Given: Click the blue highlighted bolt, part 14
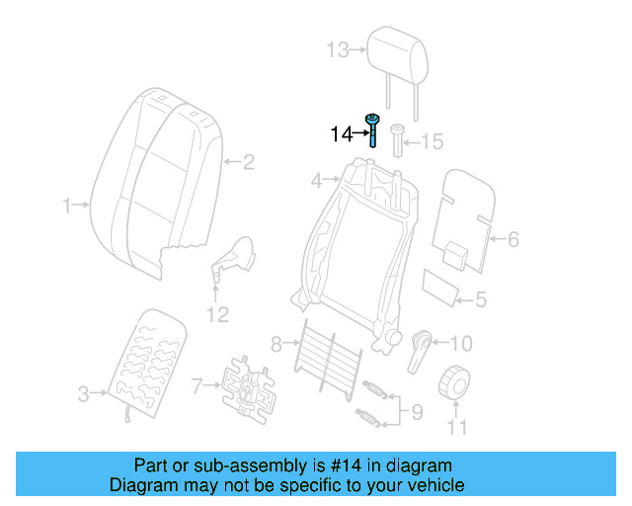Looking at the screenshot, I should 372,129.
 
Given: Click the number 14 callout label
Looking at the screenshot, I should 341,132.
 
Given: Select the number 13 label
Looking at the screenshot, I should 338,49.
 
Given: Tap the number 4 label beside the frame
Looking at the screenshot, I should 317,182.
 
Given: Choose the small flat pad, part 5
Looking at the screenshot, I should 441,286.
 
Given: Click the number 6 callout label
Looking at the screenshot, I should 513,238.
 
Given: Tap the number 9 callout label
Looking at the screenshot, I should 417,410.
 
